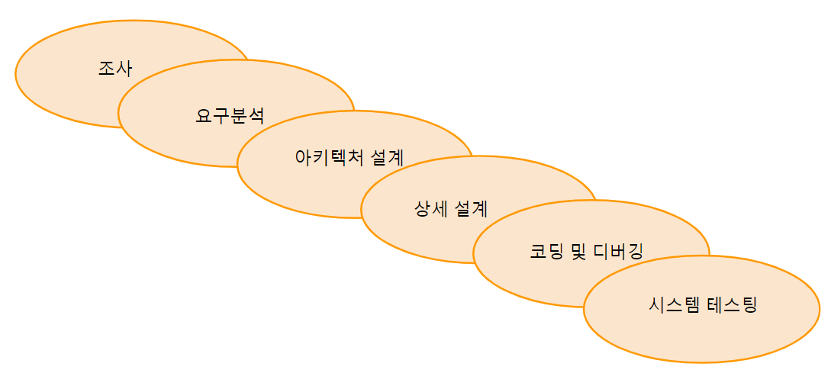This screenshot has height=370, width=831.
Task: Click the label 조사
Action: pos(115,69)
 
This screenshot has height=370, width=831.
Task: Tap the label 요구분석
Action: pos(230,117)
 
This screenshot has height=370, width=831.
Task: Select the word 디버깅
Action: pos(619,252)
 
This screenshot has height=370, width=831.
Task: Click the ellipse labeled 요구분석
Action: pos(168,137)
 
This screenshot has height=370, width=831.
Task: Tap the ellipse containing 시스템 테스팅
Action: pos(702,336)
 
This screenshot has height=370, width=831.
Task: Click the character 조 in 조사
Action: pos(107,69)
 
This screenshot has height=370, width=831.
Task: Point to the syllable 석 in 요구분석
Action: pos(256,117)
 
